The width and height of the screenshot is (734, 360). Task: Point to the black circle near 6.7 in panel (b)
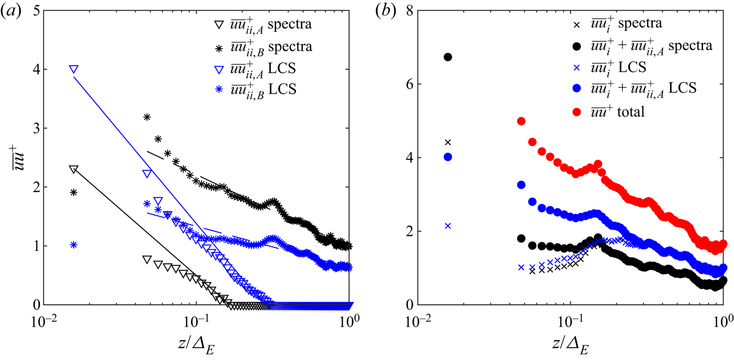point(448,57)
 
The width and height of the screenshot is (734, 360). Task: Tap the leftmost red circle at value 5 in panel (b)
point(521,121)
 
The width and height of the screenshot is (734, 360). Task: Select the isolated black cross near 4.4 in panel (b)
point(448,142)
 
